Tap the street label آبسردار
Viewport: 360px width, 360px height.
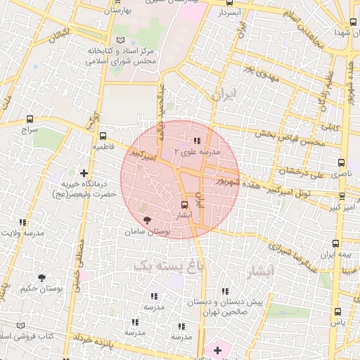pos(229,13)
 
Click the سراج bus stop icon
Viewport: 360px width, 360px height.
pos(29,118)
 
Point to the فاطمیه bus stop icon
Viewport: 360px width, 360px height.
pos(103,136)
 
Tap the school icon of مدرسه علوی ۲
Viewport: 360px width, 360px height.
pos(205,140)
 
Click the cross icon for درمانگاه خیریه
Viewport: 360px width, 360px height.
pos(84,172)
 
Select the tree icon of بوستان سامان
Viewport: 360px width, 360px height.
pos(146,220)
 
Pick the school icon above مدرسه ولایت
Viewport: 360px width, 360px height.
pos(20,223)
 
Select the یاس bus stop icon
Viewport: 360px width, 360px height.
pos(338,311)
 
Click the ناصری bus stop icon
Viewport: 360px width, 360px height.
pos(342,162)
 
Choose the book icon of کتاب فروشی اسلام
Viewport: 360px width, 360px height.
pos(20,326)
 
